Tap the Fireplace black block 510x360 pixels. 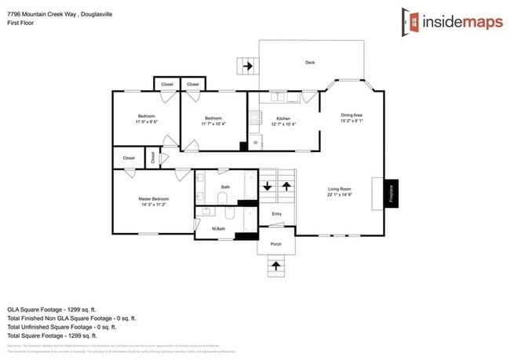pyautogui.click(x=391, y=193)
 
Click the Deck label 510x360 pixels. pyautogui.click(x=311, y=62)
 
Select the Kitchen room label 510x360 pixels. pyautogui.click(x=283, y=118)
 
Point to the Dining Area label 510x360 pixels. pyautogui.click(x=351, y=115)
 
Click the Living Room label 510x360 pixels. pyautogui.click(x=340, y=189)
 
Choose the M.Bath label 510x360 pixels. pyautogui.click(x=219, y=228)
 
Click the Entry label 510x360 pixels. pyautogui.click(x=276, y=213)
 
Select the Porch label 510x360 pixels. pyautogui.click(x=276, y=243)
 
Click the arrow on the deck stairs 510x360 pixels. pyautogui.click(x=249, y=66)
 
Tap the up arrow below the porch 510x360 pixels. pyautogui.click(x=276, y=266)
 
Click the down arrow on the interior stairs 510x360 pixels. pyautogui.click(x=268, y=187)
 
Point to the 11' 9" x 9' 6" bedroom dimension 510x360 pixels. pyautogui.click(x=147, y=122)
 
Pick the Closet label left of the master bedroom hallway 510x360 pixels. pyautogui.click(x=129, y=158)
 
